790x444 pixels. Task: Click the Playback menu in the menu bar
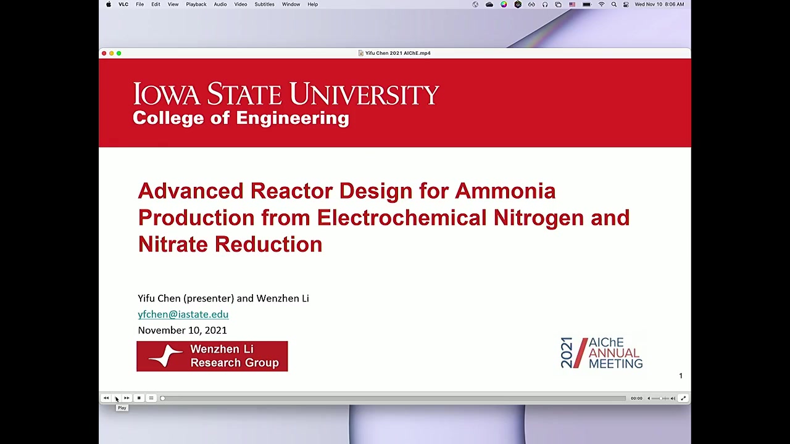[x=196, y=4]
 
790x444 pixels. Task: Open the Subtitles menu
[x=264, y=4]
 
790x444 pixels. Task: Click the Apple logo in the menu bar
[x=109, y=4]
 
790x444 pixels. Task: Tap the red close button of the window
[x=104, y=53]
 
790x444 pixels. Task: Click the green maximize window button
[x=119, y=53]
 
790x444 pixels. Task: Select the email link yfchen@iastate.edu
[x=183, y=314]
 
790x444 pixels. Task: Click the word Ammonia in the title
[x=505, y=191]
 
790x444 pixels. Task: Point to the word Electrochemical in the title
[x=402, y=218]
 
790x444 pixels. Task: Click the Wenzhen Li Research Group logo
[x=212, y=356]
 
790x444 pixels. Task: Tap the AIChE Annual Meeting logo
[x=601, y=353]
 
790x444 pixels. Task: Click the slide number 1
[x=681, y=376]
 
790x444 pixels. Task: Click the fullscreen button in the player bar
[x=683, y=398]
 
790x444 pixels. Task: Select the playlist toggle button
[x=151, y=398]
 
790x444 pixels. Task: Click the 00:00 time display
[x=636, y=398]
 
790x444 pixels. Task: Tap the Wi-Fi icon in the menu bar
[x=601, y=4]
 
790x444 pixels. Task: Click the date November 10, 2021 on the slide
[x=182, y=330]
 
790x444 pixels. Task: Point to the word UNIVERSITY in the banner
[x=364, y=94]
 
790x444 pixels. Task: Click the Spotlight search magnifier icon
[x=614, y=4]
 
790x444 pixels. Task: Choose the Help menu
[x=312, y=4]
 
